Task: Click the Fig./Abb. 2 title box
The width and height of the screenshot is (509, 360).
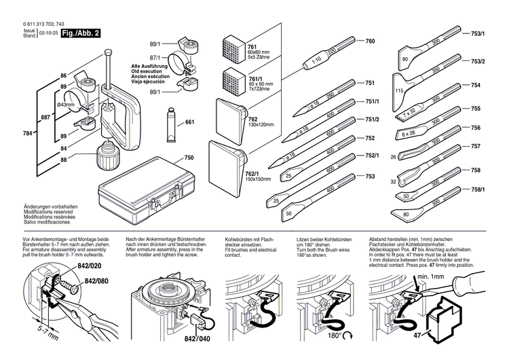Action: pyautogui.click(x=81, y=33)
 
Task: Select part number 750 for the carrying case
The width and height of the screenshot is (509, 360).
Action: pyautogui.click(x=189, y=156)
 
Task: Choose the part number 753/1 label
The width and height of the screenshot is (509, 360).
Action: pyautogui.click(x=478, y=33)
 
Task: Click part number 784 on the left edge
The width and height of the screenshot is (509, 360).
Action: pyautogui.click(x=26, y=133)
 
